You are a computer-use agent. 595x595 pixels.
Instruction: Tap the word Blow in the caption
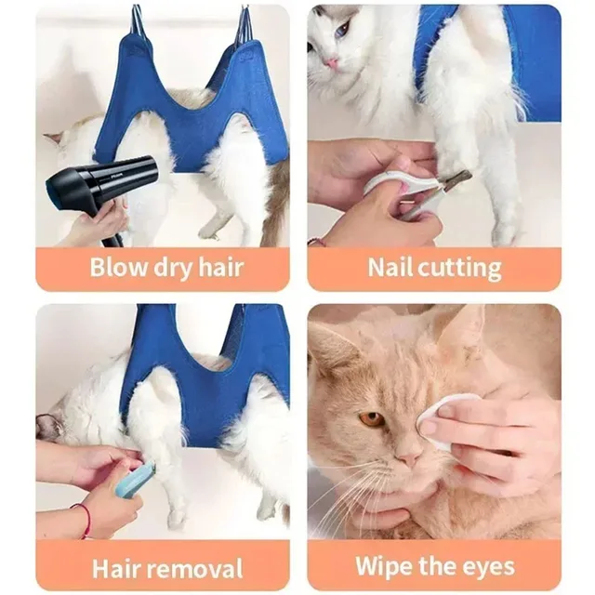(x=119, y=268)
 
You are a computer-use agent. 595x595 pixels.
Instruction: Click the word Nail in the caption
(x=389, y=268)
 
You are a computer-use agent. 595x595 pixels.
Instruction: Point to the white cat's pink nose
(x=331, y=63)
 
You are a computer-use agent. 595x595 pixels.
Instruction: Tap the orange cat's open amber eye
(x=372, y=419)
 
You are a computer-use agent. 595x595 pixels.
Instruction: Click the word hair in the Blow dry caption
(x=222, y=268)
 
